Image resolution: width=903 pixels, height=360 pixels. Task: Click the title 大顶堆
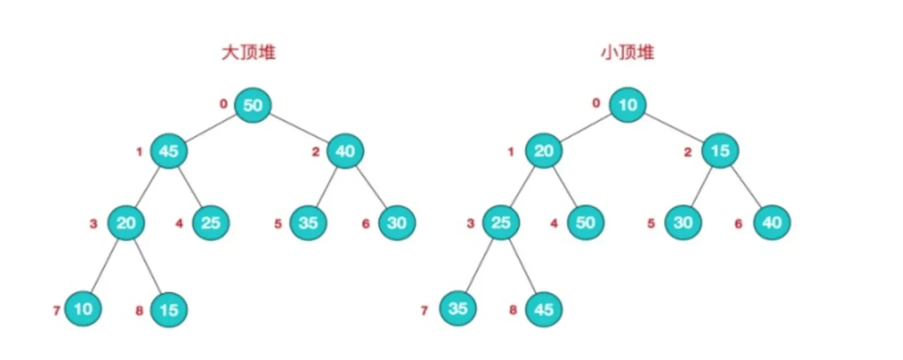[248, 53]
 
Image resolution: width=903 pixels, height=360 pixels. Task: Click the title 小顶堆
[627, 53]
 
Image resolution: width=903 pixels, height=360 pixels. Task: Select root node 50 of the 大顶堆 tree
[252, 104]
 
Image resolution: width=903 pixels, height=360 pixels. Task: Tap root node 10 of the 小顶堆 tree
[628, 104]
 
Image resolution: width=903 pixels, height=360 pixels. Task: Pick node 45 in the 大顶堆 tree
[169, 151]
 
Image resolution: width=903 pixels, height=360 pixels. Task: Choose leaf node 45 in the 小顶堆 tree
[543, 310]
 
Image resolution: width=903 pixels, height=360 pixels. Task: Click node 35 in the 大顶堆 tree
[308, 223]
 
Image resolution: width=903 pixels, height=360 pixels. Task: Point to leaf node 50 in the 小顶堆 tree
[585, 223]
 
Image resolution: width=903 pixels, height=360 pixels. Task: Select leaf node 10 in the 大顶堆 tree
[83, 309]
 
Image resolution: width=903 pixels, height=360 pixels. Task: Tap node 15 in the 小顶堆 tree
[720, 150]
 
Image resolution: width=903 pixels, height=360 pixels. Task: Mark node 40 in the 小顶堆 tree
[772, 223]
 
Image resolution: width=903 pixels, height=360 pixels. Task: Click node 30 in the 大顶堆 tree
[397, 223]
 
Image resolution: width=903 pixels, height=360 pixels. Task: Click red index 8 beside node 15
[139, 311]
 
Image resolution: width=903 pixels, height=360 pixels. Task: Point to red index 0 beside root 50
[223, 103]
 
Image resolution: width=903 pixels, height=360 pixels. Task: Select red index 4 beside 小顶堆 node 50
[554, 223]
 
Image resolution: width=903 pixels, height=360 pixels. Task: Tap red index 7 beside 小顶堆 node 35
[424, 311]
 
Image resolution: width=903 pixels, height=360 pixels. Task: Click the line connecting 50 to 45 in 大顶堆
[211, 127]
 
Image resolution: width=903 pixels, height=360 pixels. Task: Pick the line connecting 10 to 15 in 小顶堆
[674, 127]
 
